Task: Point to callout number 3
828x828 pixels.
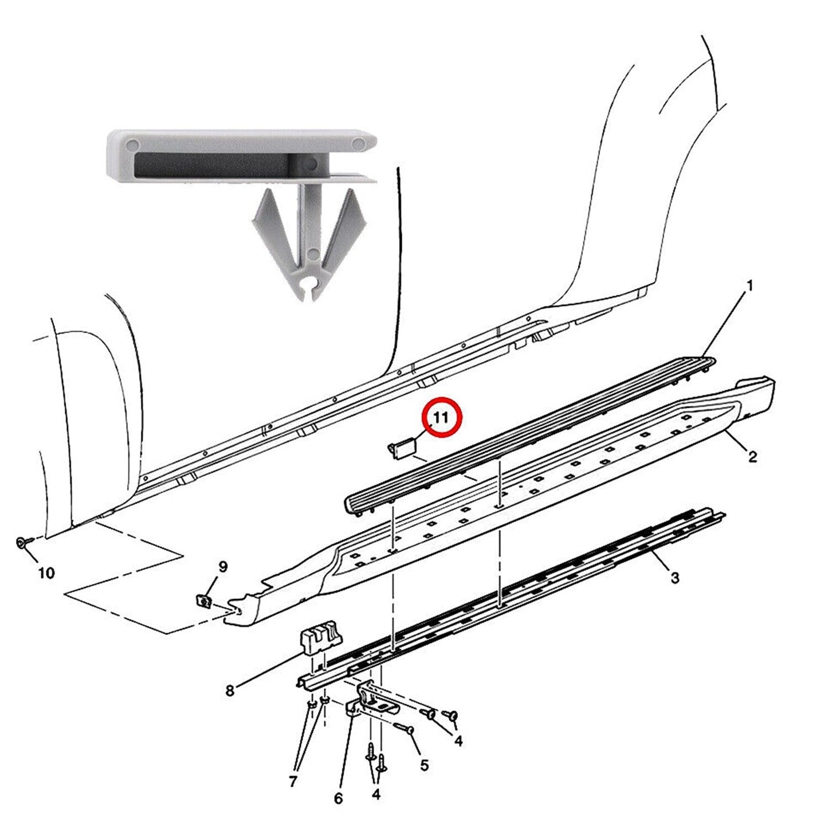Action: (x=674, y=578)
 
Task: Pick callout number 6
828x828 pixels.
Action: (x=338, y=799)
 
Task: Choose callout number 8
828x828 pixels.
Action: (x=230, y=703)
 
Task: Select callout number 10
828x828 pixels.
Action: (x=47, y=573)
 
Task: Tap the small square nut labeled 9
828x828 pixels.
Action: (x=203, y=600)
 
